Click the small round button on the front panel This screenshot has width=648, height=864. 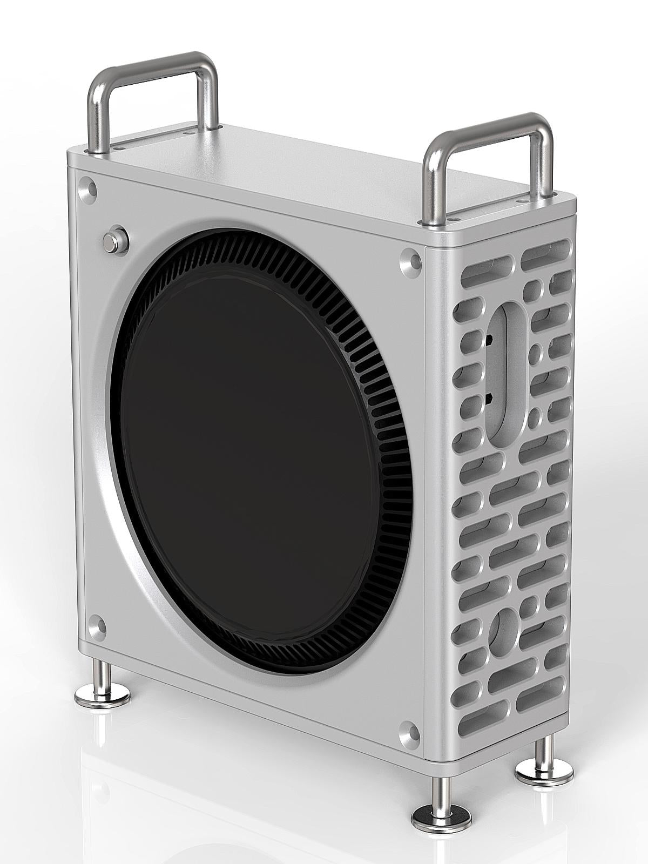[x=115, y=239]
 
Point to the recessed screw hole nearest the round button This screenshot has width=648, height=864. [x=87, y=187]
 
